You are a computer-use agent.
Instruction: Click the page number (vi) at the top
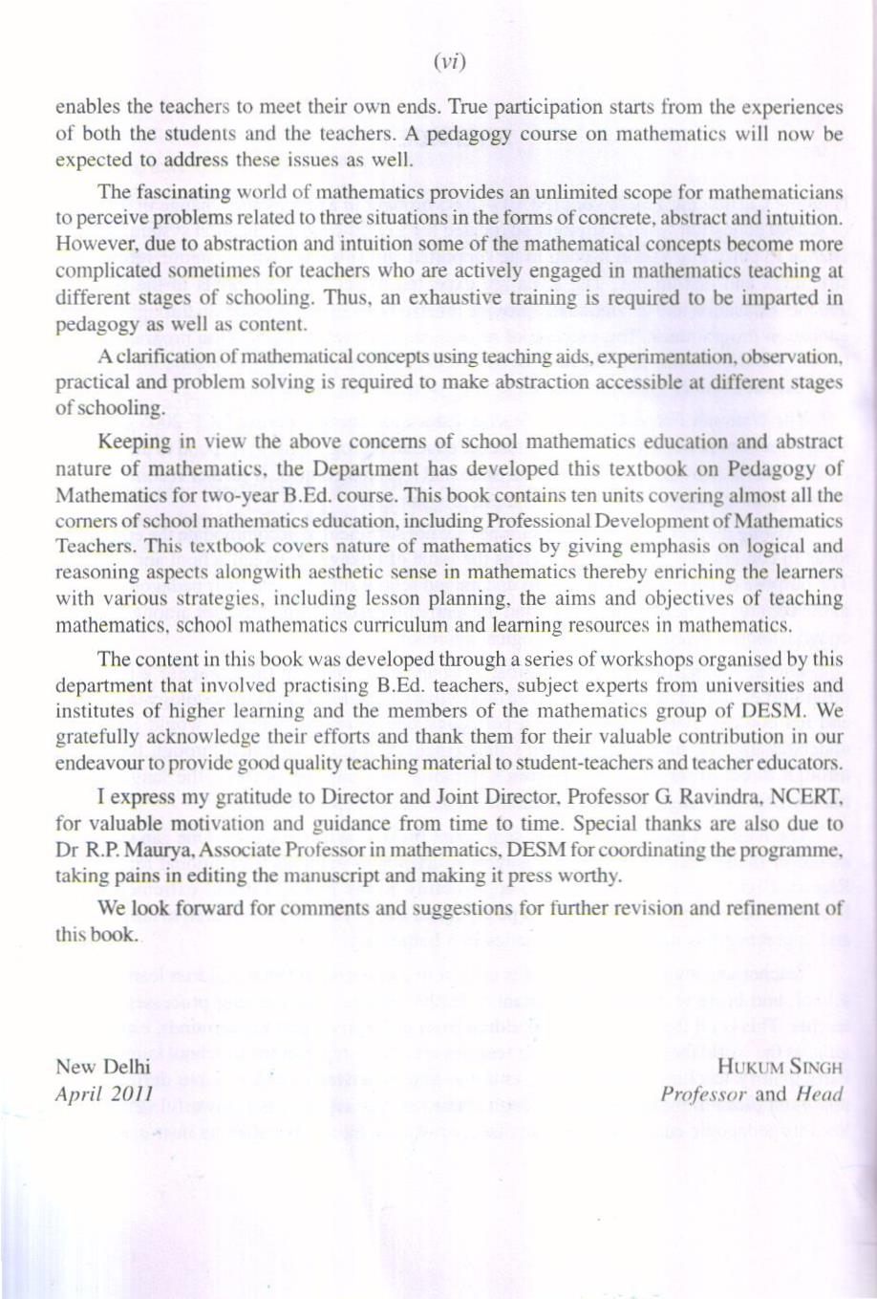point(448,63)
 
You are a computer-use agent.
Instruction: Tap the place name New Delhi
point(103,1067)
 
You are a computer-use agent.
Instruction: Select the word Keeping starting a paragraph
point(134,442)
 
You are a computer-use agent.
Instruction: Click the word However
point(93,245)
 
